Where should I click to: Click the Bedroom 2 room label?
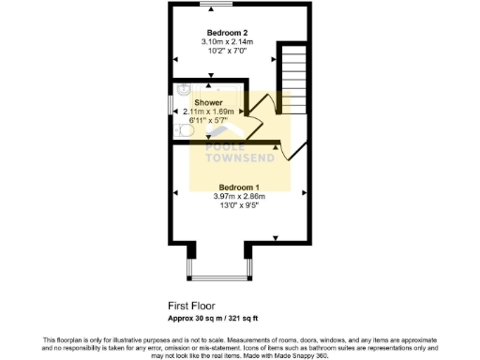coord(220,32)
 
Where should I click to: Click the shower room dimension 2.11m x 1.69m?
coord(208,111)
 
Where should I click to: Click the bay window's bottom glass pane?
coord(219,278)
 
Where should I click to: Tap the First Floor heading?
coord(191,306)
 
